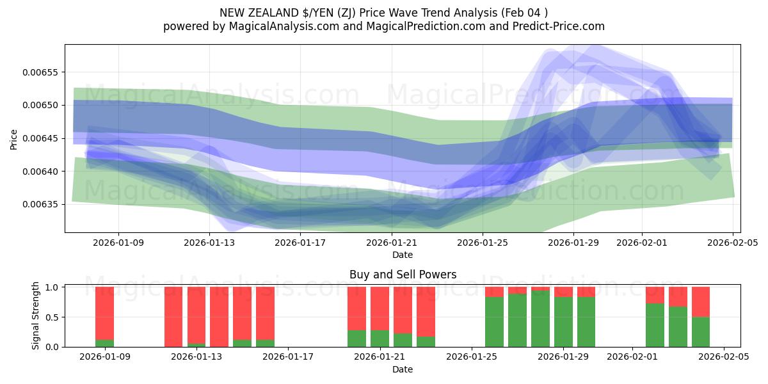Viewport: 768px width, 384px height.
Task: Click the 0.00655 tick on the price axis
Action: [40, 72]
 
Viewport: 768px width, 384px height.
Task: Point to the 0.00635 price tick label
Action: [40, 205]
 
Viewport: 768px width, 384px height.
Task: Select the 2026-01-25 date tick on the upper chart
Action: [483, 243]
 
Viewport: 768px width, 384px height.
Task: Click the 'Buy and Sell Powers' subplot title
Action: [403, 275]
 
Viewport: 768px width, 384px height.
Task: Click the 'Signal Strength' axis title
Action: [36, 316]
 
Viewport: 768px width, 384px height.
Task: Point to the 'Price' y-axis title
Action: [14, 140]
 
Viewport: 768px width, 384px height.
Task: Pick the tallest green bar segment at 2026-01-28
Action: [540, 319]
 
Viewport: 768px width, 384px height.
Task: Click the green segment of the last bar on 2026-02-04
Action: [701, 332]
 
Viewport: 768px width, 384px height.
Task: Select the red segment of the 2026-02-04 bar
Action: [701, 301]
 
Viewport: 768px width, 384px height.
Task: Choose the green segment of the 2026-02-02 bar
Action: [655, 325]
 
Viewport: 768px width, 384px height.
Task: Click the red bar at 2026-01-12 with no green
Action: [173, 317]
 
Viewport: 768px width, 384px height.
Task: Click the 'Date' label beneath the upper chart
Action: [403, 255]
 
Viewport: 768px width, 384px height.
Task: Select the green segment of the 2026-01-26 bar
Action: [494, 322]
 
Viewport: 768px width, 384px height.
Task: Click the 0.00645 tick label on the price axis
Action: [40, 139]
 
